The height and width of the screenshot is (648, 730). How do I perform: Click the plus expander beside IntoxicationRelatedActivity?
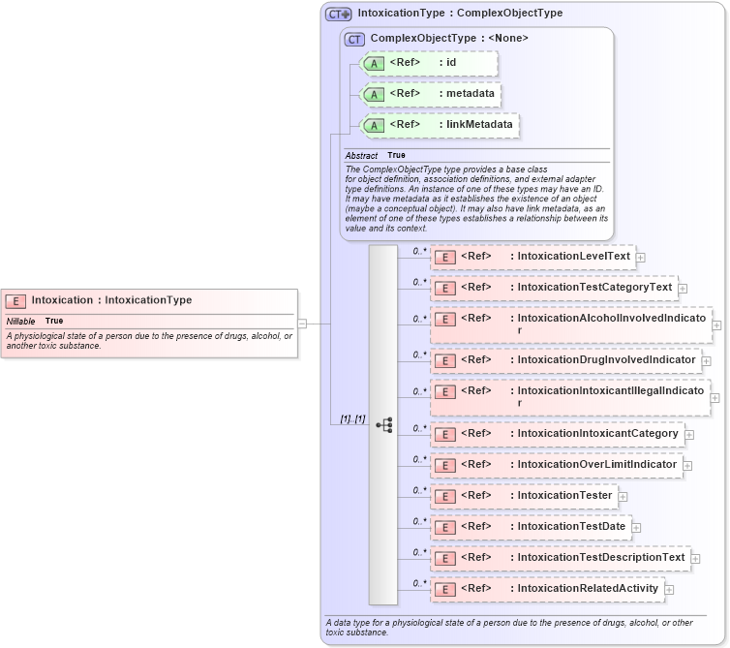669,589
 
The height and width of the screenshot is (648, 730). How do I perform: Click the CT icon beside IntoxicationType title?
338,15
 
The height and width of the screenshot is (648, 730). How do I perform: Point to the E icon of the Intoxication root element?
16,300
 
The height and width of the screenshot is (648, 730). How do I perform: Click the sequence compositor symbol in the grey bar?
383,424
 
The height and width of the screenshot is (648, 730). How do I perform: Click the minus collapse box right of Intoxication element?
303,323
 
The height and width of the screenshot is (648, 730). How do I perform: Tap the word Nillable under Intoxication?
20,321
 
